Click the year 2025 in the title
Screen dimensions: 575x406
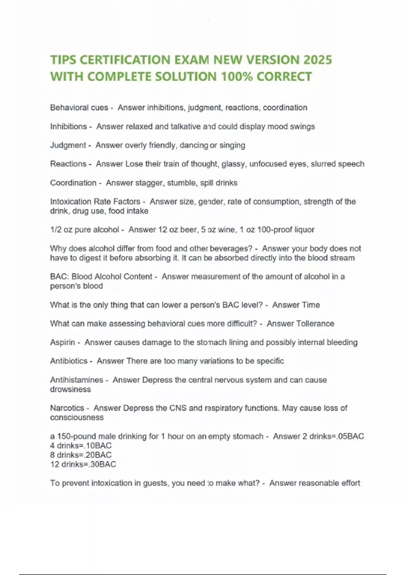[317, 60]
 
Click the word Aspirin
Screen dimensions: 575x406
[62, 342]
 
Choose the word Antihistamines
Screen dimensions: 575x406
[76, 380]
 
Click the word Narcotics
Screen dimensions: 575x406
[67, 408]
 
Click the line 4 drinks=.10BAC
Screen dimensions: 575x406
[81, 445]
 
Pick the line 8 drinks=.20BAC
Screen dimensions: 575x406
[81, 455]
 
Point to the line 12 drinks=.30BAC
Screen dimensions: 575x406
[83, 464]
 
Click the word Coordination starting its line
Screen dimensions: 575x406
[73, 183]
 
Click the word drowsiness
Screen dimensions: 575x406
[70, 389]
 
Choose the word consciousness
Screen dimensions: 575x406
[77, 417]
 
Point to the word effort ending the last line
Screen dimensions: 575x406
[351, 483]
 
